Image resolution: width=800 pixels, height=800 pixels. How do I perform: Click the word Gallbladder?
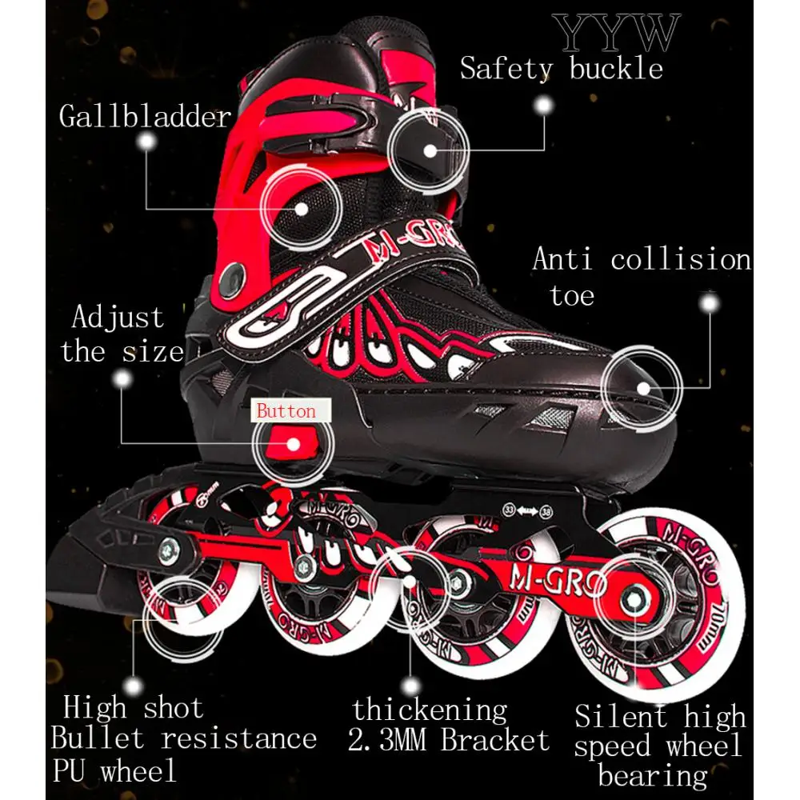pyautogui.click(x=145, y=117)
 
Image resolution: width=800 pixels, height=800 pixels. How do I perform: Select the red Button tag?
pyautogui.click(x=286, y=412)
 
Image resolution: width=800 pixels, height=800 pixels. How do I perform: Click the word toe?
pyautogui.click(x=572, y=296)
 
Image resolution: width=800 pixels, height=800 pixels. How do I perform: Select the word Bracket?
pyautogui.click(x=496, y=741)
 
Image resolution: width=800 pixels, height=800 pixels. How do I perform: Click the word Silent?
pyautogui.click(x=621, y=716)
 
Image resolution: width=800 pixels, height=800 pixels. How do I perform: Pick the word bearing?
pyautogui.click(x=653, y=775)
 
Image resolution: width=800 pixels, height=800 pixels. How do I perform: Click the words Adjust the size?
pyautogui.click(x=122, y=334)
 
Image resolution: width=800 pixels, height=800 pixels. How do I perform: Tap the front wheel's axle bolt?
pyautogui.click(x=637, y=597)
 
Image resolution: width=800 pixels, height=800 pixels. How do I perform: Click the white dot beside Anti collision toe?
pyautogui.click(x=707, y=305)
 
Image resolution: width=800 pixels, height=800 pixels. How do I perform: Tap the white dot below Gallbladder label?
pyautogui.click(x=146, y=142)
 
